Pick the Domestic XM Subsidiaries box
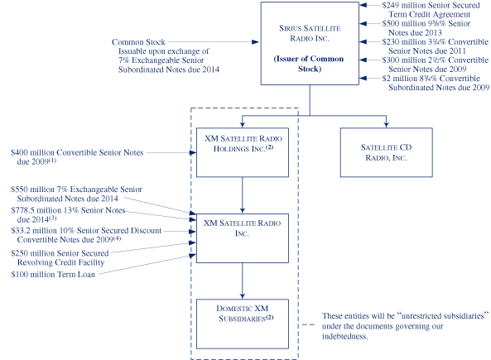pos(242,323)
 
